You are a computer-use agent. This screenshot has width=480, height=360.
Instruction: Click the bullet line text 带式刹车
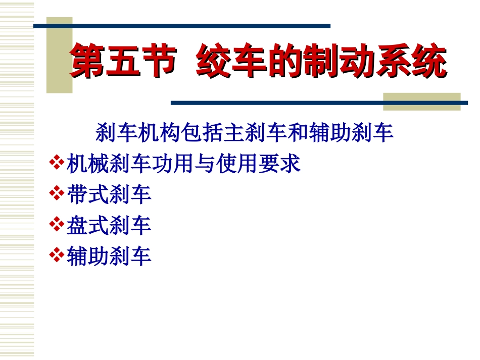[109, 194]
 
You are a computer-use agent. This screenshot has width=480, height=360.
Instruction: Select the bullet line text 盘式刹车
[109, 225]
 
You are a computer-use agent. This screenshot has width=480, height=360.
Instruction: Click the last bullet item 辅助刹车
[109, 256]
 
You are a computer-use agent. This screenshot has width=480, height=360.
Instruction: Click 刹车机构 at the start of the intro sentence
[127, 133]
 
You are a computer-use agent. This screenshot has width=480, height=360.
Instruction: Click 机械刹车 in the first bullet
[109, 164]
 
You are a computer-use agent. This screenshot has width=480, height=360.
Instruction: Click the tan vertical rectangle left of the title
[59, 56]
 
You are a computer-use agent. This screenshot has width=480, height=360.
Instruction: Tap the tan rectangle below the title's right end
[421, 101]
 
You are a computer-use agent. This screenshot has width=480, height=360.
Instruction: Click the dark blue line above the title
[182, 26]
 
